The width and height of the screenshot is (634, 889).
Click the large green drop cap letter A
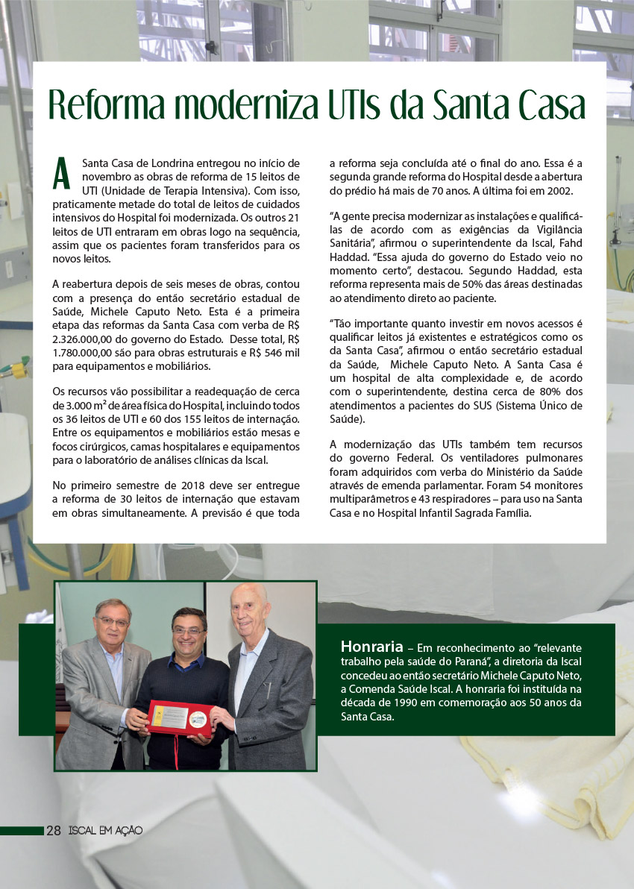point(62,173)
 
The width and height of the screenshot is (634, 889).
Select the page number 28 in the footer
point(54,830)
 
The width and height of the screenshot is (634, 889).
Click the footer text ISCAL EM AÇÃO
point(105,830)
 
